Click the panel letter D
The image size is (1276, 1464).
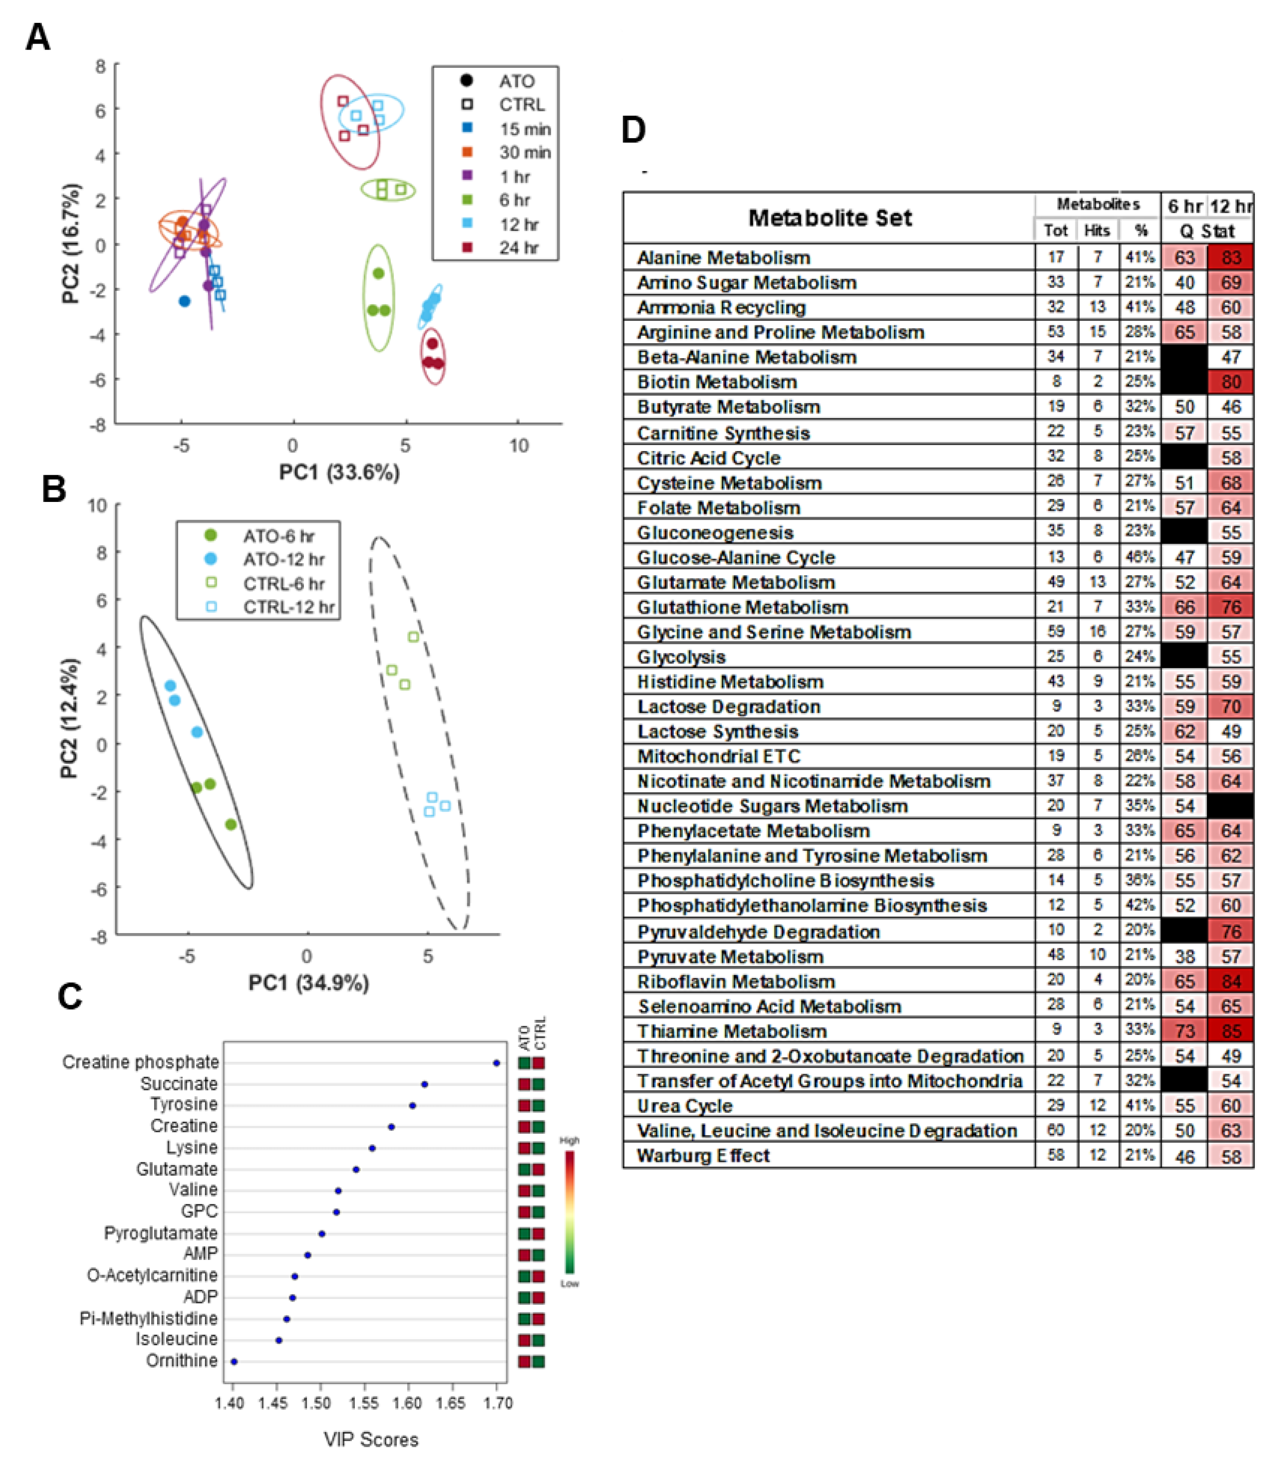pyautogui.click(x=633, y=130)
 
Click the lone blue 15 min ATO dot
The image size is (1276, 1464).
pyautogui.click(x=184, y=301)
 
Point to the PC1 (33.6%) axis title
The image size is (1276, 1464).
pyautogui.click(x=339, y=472)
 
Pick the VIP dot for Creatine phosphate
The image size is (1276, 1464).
pyautogui.click(x=496, y=1063)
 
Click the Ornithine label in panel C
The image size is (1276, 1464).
pyautogui.click(x=182, y=1361)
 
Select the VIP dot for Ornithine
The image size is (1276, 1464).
pyautogui.click(x=234, y=1361)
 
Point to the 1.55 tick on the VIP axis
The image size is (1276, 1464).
pyautogui.click(x=364, y=1403)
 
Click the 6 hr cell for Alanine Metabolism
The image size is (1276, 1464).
pyautogui.click(x=1184, y=257)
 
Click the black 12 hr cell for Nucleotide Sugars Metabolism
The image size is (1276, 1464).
pyautogui.click(x=1230, y=806)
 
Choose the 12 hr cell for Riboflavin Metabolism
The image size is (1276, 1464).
pyautogui.click(x=1230, y=981)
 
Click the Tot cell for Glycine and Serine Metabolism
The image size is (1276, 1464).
pyautogui.click(x=1056, y=631)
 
